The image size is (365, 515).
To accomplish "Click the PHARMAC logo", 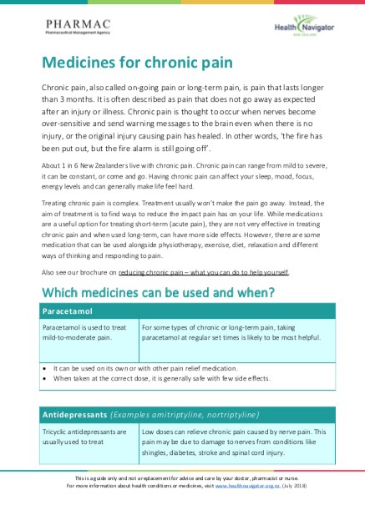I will [71, 28].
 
